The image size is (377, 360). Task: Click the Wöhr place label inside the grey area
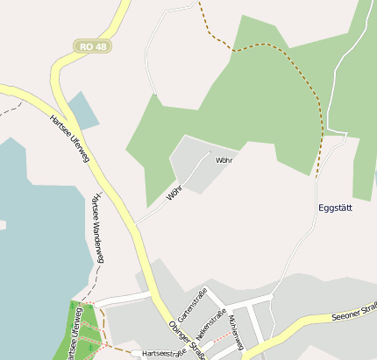click(224, 161)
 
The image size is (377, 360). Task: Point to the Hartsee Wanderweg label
click(97, 229)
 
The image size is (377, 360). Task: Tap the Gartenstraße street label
click(191, 304)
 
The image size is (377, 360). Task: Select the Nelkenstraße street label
click(211, 324)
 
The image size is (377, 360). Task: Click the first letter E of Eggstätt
click(320, 208)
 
